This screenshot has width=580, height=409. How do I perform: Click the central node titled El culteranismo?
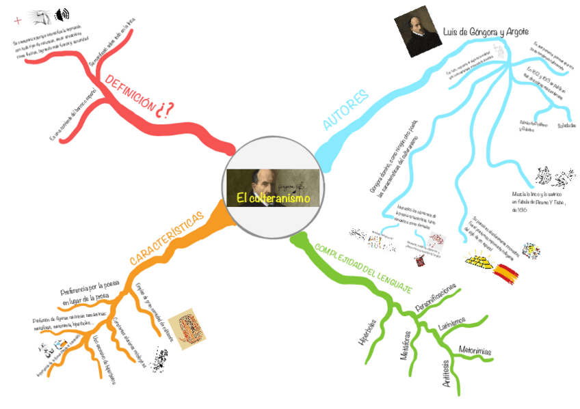(x=273, y=185)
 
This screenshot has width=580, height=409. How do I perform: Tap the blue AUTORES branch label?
(x=346, y=109)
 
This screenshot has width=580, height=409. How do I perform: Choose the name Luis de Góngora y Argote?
(x=491, y=32)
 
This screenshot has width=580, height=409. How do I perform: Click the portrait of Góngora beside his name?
(x=414, y=35)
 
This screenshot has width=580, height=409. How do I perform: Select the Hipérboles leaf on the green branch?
(x=367, y=330)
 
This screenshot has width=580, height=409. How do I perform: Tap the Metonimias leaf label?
(x=475, y=349)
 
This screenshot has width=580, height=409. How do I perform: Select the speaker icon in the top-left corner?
(x=62, y=14)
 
